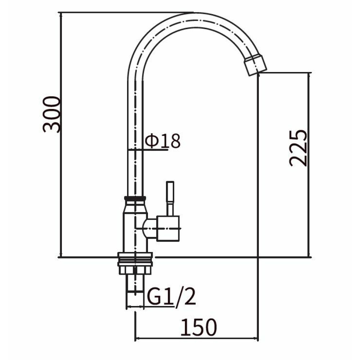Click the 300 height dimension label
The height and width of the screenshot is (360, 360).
point(51,114)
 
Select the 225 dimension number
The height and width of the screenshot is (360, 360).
point(298,148)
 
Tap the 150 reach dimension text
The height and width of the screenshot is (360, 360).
point(199,327)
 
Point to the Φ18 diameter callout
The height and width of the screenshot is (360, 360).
point(163,140)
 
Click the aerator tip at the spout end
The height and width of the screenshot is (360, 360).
point(255,65)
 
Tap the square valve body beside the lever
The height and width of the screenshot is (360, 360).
point(168,229)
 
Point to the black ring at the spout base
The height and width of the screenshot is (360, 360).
point(135,198)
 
